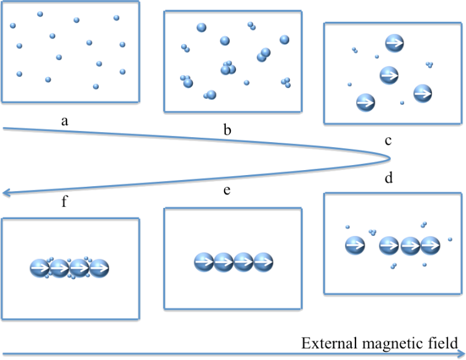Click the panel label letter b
[x=227, y=130]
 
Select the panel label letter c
[x=388, y=141]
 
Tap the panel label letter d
[x=388, y=178]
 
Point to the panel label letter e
[x=227, y=189]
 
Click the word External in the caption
[x=326, y=343]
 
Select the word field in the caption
[x=442, y=343]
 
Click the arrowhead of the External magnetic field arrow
[x=460, y=354]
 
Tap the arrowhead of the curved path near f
[x=6, y=193]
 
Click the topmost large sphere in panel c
[x=395, y=43]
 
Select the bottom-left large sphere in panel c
[x=365, y=102]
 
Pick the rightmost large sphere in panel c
[x=422, y=93]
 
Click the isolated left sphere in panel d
[x=354, y=245]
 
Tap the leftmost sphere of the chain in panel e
[x=204, y=262]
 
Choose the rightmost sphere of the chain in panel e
[x=263, y=262]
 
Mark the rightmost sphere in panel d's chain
[x=430, y=246]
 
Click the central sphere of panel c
[x=388, y=74]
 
